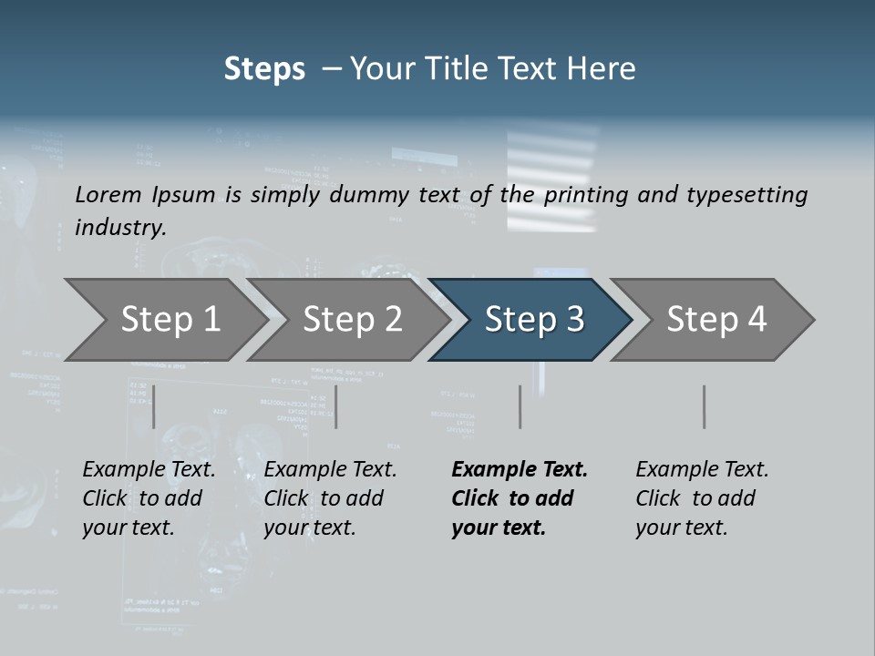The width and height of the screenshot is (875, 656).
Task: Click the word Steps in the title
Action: pos(264,69)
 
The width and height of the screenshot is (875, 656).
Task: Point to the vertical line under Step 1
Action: pos(154,406)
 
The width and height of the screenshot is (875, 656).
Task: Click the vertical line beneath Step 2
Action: pos(336,406)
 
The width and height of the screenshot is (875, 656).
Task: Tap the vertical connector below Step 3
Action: pos(520,406)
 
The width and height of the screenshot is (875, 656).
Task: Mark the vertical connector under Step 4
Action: pos(704,406)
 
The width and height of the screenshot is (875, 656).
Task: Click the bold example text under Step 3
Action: pos(519,498)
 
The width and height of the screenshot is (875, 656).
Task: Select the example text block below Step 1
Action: pos(149,498)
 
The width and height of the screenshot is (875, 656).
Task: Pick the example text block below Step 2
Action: pos(330,498)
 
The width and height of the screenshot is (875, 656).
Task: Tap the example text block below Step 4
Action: pos(702,498)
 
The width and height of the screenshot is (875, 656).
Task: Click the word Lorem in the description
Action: pos(108,194)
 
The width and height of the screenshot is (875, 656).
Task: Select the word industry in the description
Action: pos(119,227)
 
